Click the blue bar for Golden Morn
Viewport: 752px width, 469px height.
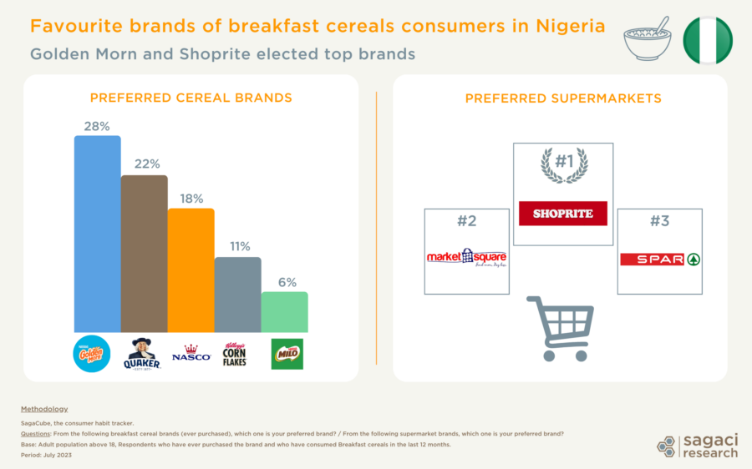coord(97,233)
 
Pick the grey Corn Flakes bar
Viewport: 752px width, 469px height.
coord(237,294)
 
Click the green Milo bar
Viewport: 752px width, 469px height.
coord(284,311)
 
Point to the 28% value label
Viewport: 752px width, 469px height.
coord(97,126)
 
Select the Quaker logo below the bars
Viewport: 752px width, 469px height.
coord(141,354)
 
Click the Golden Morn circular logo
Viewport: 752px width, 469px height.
coord(93,353)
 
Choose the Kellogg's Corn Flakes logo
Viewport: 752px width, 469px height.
coord(236,354)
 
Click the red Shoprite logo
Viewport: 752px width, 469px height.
coord(562,214)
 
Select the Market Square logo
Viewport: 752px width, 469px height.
coord(467,258)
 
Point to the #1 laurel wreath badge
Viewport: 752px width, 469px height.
coord(562,164)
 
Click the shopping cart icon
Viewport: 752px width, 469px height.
coord(559,328)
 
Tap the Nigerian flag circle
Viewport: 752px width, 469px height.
coord(707,40)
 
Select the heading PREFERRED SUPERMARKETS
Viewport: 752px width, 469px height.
coord(563,98)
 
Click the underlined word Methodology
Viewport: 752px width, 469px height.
coord(44,409)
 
